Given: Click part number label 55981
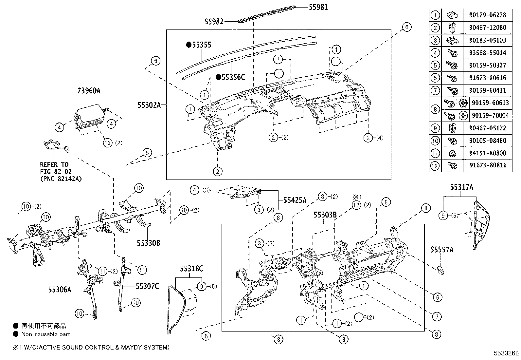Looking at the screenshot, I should (318, 7).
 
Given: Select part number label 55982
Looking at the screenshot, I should (214, 22).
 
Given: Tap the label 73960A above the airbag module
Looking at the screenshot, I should (89, 91).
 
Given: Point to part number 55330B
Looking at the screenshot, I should (148, 243).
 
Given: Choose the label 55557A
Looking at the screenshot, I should (441, 250).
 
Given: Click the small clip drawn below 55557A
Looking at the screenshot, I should (441, 270).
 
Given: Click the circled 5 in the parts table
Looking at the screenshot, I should (435, 65).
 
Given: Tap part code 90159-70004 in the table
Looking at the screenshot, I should (490, 115).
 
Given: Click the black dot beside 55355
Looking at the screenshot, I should (189, 45).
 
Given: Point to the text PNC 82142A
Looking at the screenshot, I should (61, 179).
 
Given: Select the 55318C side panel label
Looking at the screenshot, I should (191, 269).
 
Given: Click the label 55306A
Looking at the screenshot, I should (60, 290).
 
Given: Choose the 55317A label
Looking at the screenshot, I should (461, 187).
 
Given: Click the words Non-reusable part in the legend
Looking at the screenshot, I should (45, 334).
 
